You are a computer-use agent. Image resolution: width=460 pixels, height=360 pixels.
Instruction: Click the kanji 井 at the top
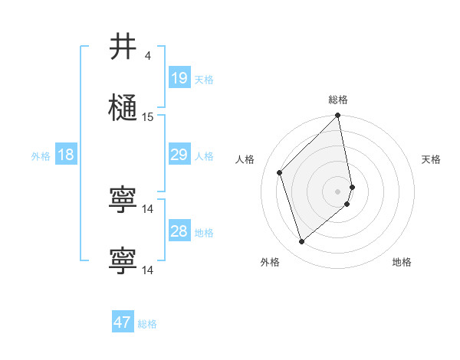[x=123, y=47]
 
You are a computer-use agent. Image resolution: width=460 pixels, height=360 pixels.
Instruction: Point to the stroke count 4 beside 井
[x=147, y=56]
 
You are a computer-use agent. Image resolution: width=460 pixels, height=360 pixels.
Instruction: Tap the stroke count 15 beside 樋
[x=148, y=117]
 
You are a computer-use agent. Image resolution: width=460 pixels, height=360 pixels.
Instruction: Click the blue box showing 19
[x=179, y=78]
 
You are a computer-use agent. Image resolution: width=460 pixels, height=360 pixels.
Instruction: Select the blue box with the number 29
[x=179, y=155]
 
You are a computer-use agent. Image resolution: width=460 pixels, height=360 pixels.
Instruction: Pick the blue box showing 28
[x=179, y=231]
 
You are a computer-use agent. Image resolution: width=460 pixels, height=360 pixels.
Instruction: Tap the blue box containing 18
[x=66, y=155]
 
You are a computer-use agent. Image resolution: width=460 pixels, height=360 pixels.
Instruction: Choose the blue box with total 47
[x=123, y=322]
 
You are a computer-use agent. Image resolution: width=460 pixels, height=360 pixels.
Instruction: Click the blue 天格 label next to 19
[x=204, y=79]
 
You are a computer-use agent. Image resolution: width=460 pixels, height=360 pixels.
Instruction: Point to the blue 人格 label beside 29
[x=204, y=156]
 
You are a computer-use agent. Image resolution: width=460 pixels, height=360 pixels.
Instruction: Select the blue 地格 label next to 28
[x=204, y=232]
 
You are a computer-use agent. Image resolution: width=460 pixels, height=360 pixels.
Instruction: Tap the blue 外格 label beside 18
[x=41, y=156]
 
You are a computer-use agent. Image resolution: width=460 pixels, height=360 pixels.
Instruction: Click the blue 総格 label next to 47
[x=147, y=323]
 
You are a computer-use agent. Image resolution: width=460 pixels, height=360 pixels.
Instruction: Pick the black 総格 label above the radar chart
[x=338, y=100]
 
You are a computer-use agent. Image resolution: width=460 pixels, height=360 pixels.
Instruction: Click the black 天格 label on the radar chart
[x=431, y=159]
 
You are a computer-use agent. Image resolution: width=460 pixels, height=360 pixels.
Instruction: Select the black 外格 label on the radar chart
[x=270, y=262]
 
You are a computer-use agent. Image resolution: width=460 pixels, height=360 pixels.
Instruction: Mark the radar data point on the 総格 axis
[x=338, y=116]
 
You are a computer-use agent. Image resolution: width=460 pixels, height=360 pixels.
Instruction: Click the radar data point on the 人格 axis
[x=280, y=172]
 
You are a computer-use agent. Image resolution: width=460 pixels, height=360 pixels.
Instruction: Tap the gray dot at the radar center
[x=338, y=191]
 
